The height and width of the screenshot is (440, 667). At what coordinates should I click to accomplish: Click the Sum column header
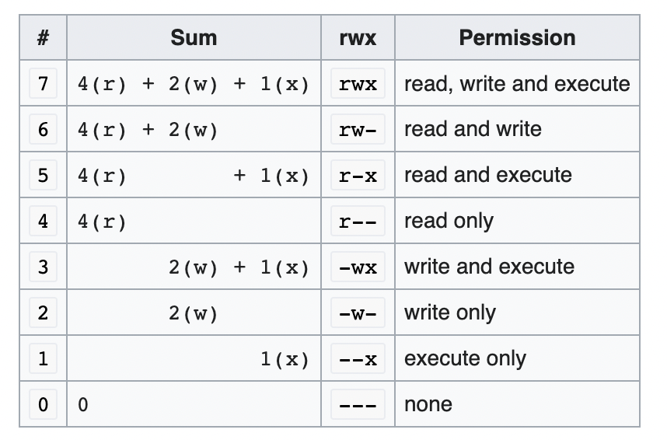tap(194, 38)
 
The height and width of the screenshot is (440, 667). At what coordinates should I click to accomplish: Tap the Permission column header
tap(517, 38)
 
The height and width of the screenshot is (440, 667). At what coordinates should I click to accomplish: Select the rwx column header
tap(358, 38)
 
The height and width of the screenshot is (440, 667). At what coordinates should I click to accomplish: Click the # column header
tap(43, 38)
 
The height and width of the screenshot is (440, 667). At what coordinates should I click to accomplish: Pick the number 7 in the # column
tap(43, 83)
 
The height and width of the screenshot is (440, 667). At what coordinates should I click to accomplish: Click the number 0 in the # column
tap(43, 404)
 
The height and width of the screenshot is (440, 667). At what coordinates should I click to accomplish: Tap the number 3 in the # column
tap(43, 267)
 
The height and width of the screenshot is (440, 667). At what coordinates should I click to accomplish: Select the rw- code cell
tap(358, 129)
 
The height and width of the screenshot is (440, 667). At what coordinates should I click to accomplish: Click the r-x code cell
tap(358, 176)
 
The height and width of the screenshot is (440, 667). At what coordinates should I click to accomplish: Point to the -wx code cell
tap(358, 267)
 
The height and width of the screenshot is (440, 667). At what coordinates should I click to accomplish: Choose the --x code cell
tap(358, 359)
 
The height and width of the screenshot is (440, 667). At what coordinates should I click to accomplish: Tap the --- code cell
tap(358, 405)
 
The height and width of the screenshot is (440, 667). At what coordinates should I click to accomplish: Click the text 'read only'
tap(449, 221)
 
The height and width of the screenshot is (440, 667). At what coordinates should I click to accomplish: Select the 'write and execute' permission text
tap(489, 267)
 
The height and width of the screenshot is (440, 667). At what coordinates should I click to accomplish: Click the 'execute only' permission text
tap(465, 358)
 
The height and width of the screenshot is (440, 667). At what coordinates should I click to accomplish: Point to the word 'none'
tap(428, 404)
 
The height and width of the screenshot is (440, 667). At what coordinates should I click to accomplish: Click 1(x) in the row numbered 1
tap(285, 359)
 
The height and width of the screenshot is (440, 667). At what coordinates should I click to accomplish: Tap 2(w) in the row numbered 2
tap(193, 313)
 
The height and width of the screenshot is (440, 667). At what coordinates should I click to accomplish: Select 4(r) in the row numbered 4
tap(102, 222)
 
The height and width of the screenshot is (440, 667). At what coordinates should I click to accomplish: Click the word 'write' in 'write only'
tap(425, 313)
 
